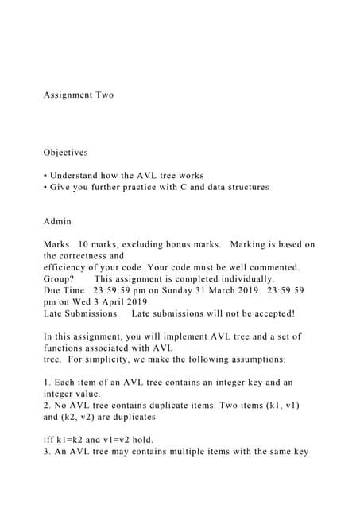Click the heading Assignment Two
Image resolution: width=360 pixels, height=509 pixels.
(x=79, y=95)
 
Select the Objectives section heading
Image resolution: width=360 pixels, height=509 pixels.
(x=65, y=152)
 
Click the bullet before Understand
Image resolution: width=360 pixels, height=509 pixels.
(x=45, y=176)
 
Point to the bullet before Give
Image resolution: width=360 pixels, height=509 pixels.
(x=45, y=187)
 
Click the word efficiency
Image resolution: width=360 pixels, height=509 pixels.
(x=66, y=267)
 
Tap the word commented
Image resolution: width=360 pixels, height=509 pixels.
(x=273, y=267)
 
